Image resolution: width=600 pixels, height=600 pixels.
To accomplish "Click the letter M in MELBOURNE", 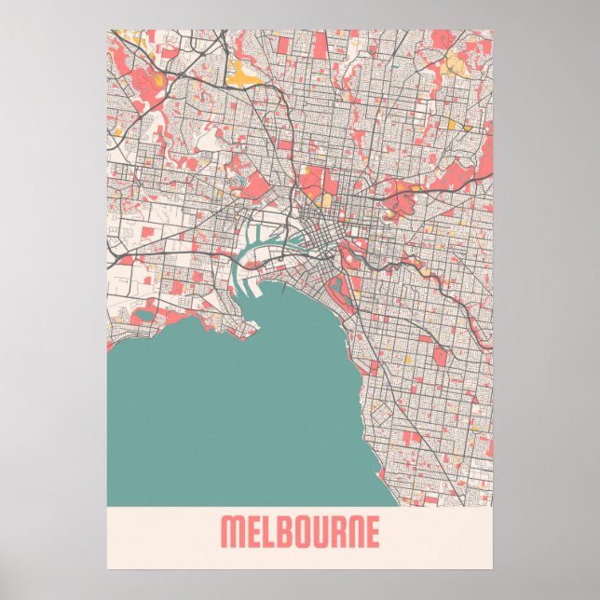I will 231,533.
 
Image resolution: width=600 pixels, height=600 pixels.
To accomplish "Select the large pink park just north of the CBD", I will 312,182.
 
